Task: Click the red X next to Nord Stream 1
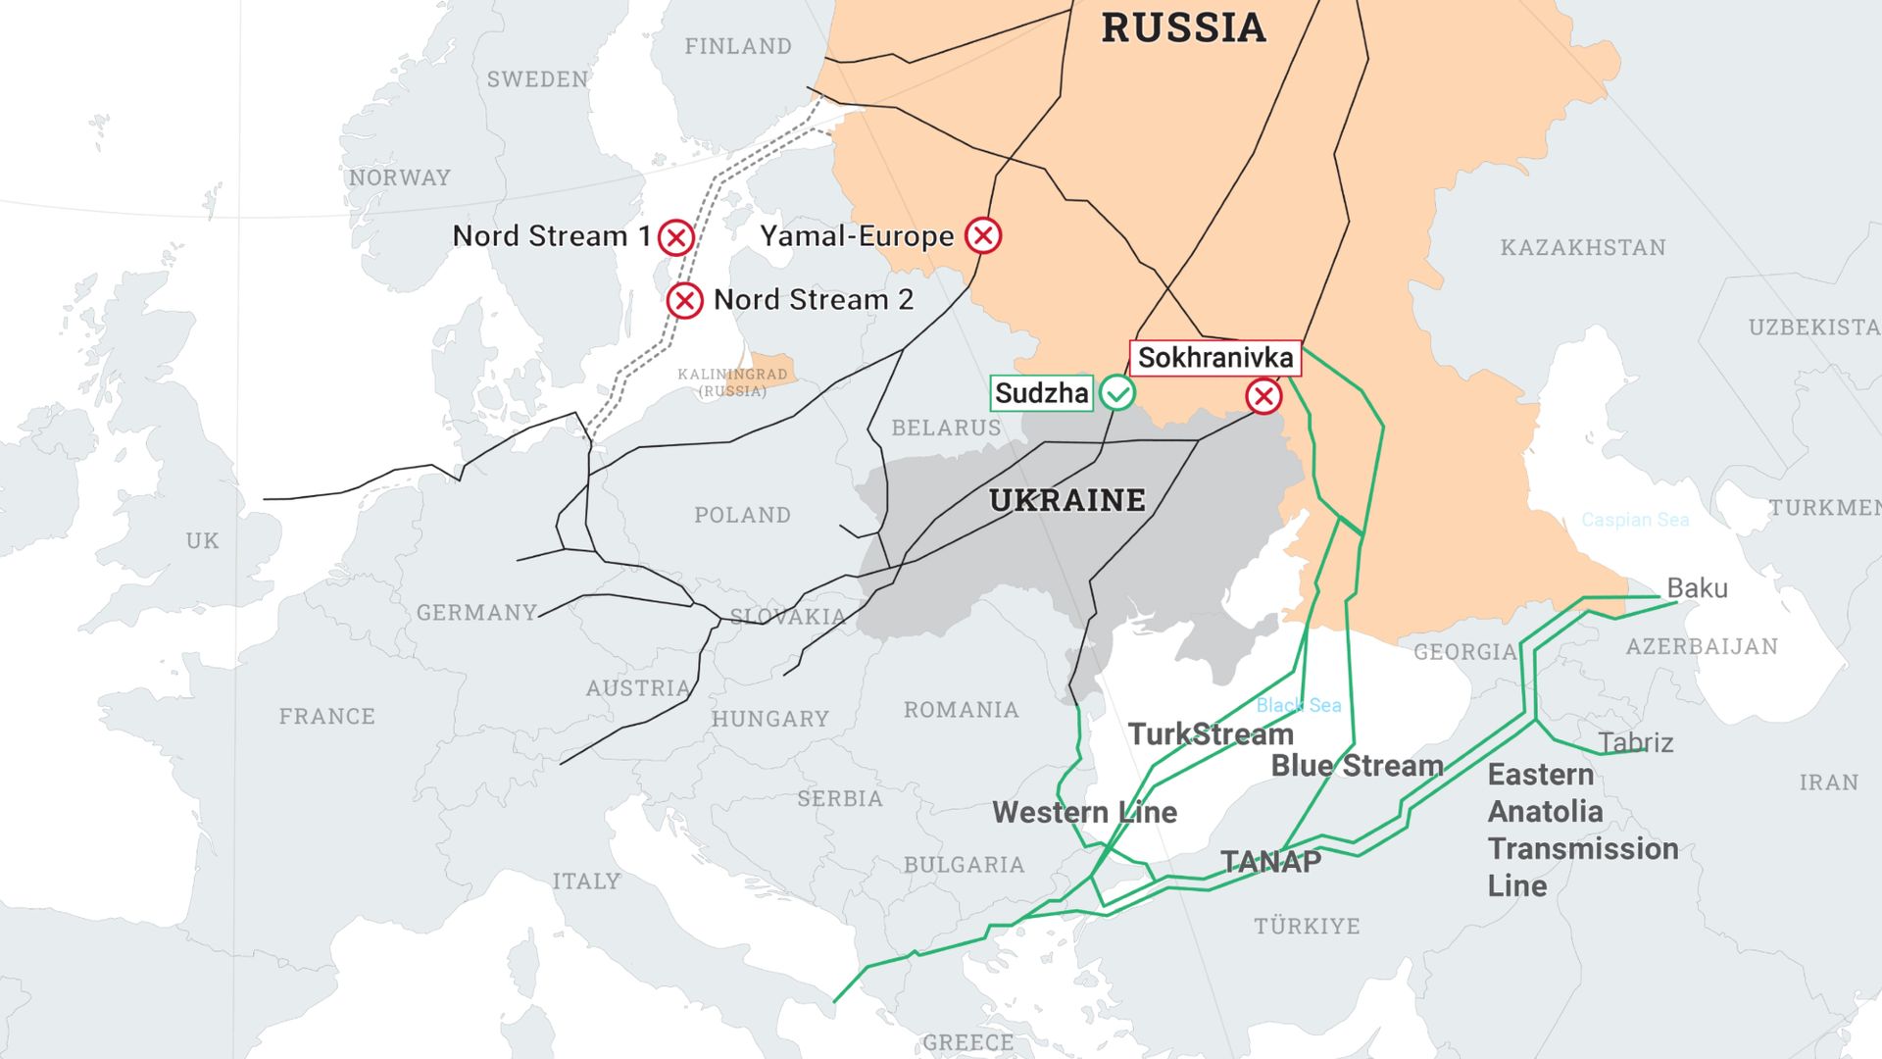pos(676,237)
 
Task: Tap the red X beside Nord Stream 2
pos(684,300)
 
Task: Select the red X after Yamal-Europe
pos(983,235)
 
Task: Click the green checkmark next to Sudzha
pos(1116,393)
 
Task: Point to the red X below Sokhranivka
pos(1263,396)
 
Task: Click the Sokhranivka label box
pos(1214,358)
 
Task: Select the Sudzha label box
pos(1041,393)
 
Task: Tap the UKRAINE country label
pos(1067,501)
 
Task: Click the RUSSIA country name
pos(1183,27)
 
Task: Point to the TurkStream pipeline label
pos(1211,734)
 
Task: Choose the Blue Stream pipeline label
pos(1357,766)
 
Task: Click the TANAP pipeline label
pos(1270,862)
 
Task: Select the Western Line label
pos(1084,812)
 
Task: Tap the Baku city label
pos(1697,588)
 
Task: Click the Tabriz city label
pos(1635,742)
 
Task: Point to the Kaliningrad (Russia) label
pos(732,382)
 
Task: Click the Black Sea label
pos(1298,705)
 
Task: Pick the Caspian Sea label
pos(1634,520)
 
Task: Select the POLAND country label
pos(742,515)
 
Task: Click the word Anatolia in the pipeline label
pos(1545,812)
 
